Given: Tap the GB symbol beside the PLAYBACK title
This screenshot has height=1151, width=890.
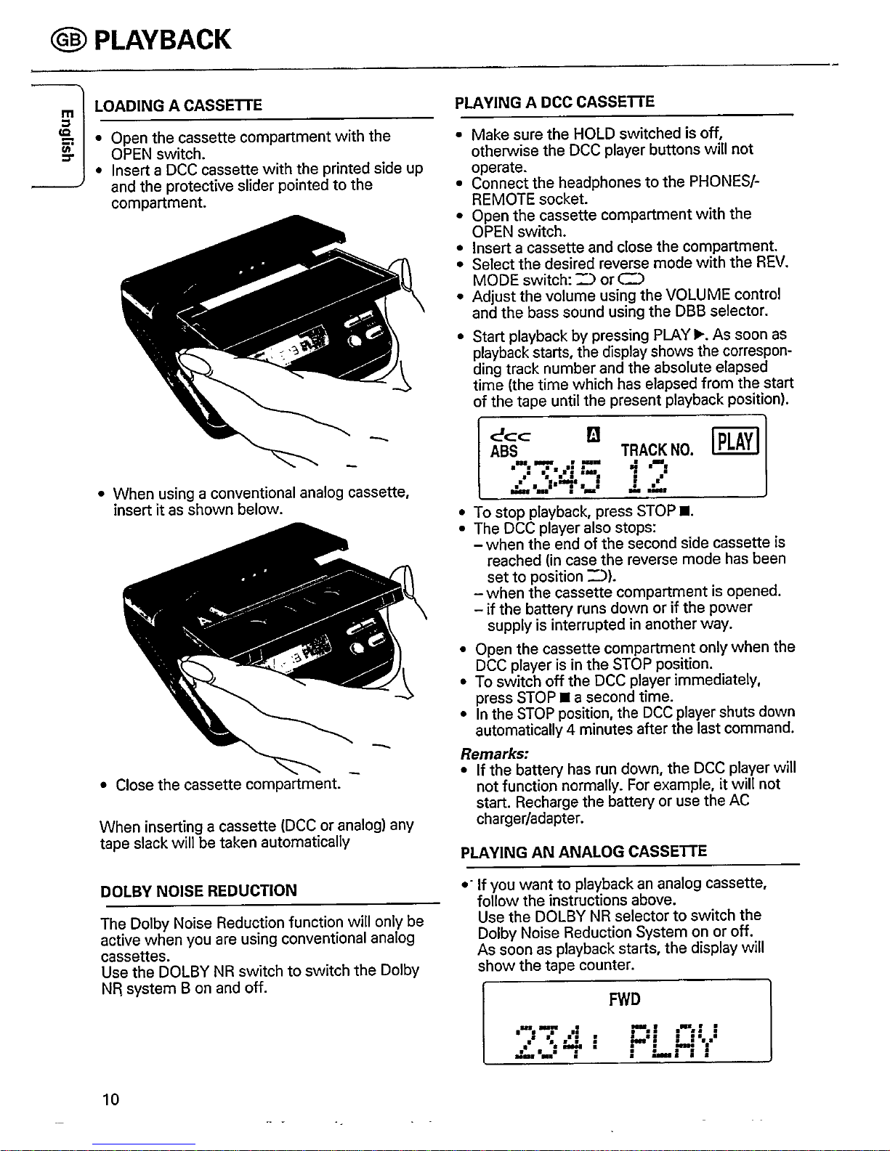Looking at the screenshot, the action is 75,39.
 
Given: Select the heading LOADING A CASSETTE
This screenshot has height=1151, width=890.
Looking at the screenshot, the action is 179,105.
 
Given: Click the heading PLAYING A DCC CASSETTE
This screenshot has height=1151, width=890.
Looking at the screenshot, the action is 554,102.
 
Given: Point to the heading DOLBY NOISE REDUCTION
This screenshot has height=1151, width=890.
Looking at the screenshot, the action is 199,890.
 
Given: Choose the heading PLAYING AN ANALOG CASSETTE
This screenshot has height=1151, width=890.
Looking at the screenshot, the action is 583,851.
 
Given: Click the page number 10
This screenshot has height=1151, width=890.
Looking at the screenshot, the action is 110,1097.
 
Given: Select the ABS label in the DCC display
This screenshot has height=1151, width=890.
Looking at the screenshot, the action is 504,450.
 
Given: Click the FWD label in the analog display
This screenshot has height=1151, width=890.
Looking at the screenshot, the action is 625,1000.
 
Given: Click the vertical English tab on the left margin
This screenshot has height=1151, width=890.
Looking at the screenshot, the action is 65,137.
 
